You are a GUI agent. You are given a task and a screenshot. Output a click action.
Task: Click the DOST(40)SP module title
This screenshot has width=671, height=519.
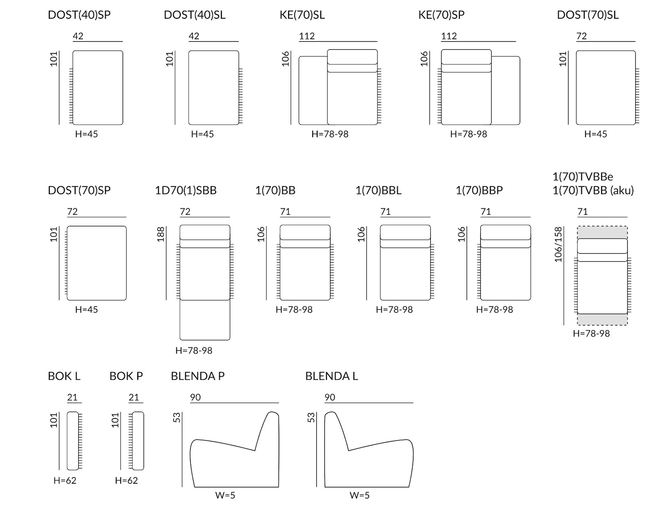pos(79,15)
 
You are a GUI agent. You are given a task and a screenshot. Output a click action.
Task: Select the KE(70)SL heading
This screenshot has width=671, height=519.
pos(302,15)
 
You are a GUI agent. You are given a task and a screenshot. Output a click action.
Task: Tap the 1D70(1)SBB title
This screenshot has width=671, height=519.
pos(186,190)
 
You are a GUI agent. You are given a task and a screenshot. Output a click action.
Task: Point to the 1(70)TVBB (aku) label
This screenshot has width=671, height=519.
pos(593,190)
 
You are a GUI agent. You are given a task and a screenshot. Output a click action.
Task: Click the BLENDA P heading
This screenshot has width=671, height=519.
pos(198,376)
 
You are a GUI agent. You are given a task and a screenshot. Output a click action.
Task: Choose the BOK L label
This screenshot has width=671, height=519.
pos(64,376)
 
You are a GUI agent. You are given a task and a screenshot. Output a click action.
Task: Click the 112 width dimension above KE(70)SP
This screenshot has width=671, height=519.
pos(449,36)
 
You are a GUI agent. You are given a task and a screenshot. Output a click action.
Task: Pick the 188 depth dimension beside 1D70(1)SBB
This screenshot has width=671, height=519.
pos(161,234)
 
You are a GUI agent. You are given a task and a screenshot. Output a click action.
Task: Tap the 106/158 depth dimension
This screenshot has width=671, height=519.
pos(558,245)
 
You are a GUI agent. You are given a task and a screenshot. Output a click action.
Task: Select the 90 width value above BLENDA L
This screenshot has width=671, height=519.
pos(330,397)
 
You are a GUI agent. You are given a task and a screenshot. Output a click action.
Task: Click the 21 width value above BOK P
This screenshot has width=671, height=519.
pos(134,397)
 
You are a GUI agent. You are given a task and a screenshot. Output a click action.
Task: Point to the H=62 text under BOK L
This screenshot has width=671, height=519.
pos(65,481)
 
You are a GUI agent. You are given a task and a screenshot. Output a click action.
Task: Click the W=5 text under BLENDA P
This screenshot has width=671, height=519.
pos(225,495)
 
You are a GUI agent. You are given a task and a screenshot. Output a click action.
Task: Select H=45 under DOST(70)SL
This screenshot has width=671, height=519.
pos(595,134)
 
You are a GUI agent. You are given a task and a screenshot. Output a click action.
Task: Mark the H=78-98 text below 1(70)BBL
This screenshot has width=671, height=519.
pos(394,309)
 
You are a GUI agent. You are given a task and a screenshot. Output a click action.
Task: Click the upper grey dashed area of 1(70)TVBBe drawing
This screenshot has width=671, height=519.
pos(602,232)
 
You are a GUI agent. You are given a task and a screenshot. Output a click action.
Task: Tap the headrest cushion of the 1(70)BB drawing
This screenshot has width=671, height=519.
pos(305,232)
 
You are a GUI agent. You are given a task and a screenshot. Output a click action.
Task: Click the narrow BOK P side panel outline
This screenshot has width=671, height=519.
pos(138,441)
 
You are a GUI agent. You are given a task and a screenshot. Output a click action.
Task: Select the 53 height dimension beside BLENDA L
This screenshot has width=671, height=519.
pos(311,417)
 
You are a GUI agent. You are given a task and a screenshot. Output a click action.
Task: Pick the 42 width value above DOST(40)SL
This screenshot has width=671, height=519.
pos(194,36)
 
